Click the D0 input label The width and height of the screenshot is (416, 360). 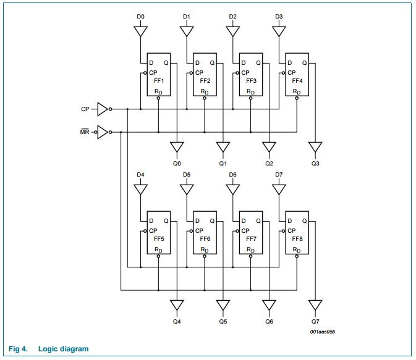pyautogui.click(x=140, y=16)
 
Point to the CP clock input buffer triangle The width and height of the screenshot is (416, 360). pyautogui.click(x=103, y=109)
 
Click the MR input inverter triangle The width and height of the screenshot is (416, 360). pyautogui.click(x=103, y=132)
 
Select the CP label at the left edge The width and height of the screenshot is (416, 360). pyautogui.click(x=85, y=109)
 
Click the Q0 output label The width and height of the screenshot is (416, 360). pyautogui.click(x=177, y=164)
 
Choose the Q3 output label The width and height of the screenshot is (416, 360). pyautogui.click(x=315, y=164)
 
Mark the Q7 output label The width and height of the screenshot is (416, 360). pyautogui.click(x=315, y=321)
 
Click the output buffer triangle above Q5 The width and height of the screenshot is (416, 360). pyautogui.click(x=223, y=305)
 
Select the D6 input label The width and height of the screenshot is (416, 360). pyautogui.click(x=232, y=174)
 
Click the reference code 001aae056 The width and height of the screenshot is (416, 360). pyautogui.click(x=323, y=332)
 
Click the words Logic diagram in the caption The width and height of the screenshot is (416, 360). pyautogui.click(x=63, y=349)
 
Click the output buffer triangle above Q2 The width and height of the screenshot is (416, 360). pyautogui.click(x=269, y=148)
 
